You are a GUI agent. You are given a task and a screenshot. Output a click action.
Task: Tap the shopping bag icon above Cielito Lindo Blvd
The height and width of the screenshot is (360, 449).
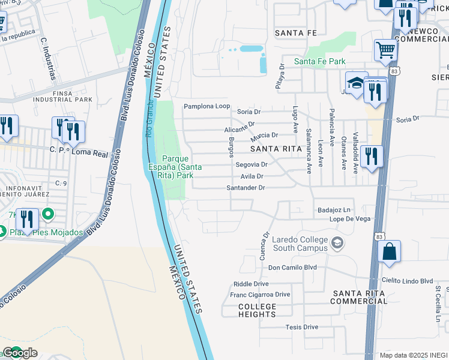click(389, 253)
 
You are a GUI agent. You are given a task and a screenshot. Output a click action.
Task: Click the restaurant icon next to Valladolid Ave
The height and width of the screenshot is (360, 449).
click(372, 157)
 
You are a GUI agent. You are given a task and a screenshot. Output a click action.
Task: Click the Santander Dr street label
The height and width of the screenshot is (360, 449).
click(246, 188)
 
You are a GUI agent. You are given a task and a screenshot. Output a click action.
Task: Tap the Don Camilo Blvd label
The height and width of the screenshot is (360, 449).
click(292, 268)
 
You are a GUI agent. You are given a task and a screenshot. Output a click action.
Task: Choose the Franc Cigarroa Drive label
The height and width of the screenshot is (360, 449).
click(260, 295)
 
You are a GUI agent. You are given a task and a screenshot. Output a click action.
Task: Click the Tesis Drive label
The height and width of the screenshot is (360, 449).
click(301, 327)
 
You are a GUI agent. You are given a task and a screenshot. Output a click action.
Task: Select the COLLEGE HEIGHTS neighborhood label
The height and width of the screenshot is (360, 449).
click(258, 310)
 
